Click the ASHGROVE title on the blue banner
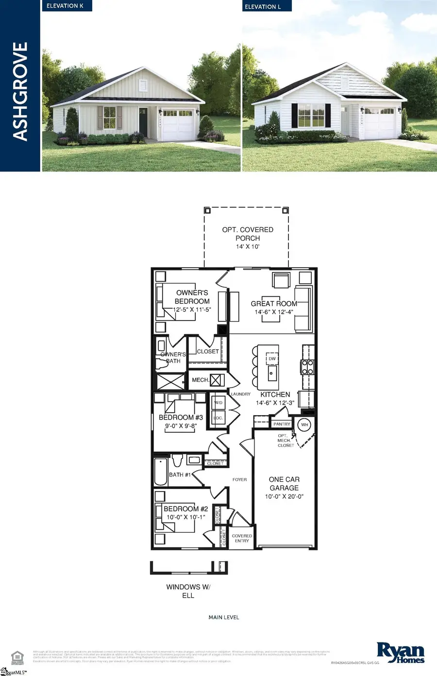20,91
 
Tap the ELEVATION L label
263,7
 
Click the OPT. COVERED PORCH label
248,234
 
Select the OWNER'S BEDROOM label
192,297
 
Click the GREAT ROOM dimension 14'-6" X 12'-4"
274,312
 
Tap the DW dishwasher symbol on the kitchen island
272,359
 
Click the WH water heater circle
304,425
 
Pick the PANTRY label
282,424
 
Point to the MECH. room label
200,380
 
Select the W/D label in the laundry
218,403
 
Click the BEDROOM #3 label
181,417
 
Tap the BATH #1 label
180,474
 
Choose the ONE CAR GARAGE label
284,483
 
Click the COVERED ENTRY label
242,538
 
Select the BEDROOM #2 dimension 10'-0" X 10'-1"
185,517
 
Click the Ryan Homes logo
401,653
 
